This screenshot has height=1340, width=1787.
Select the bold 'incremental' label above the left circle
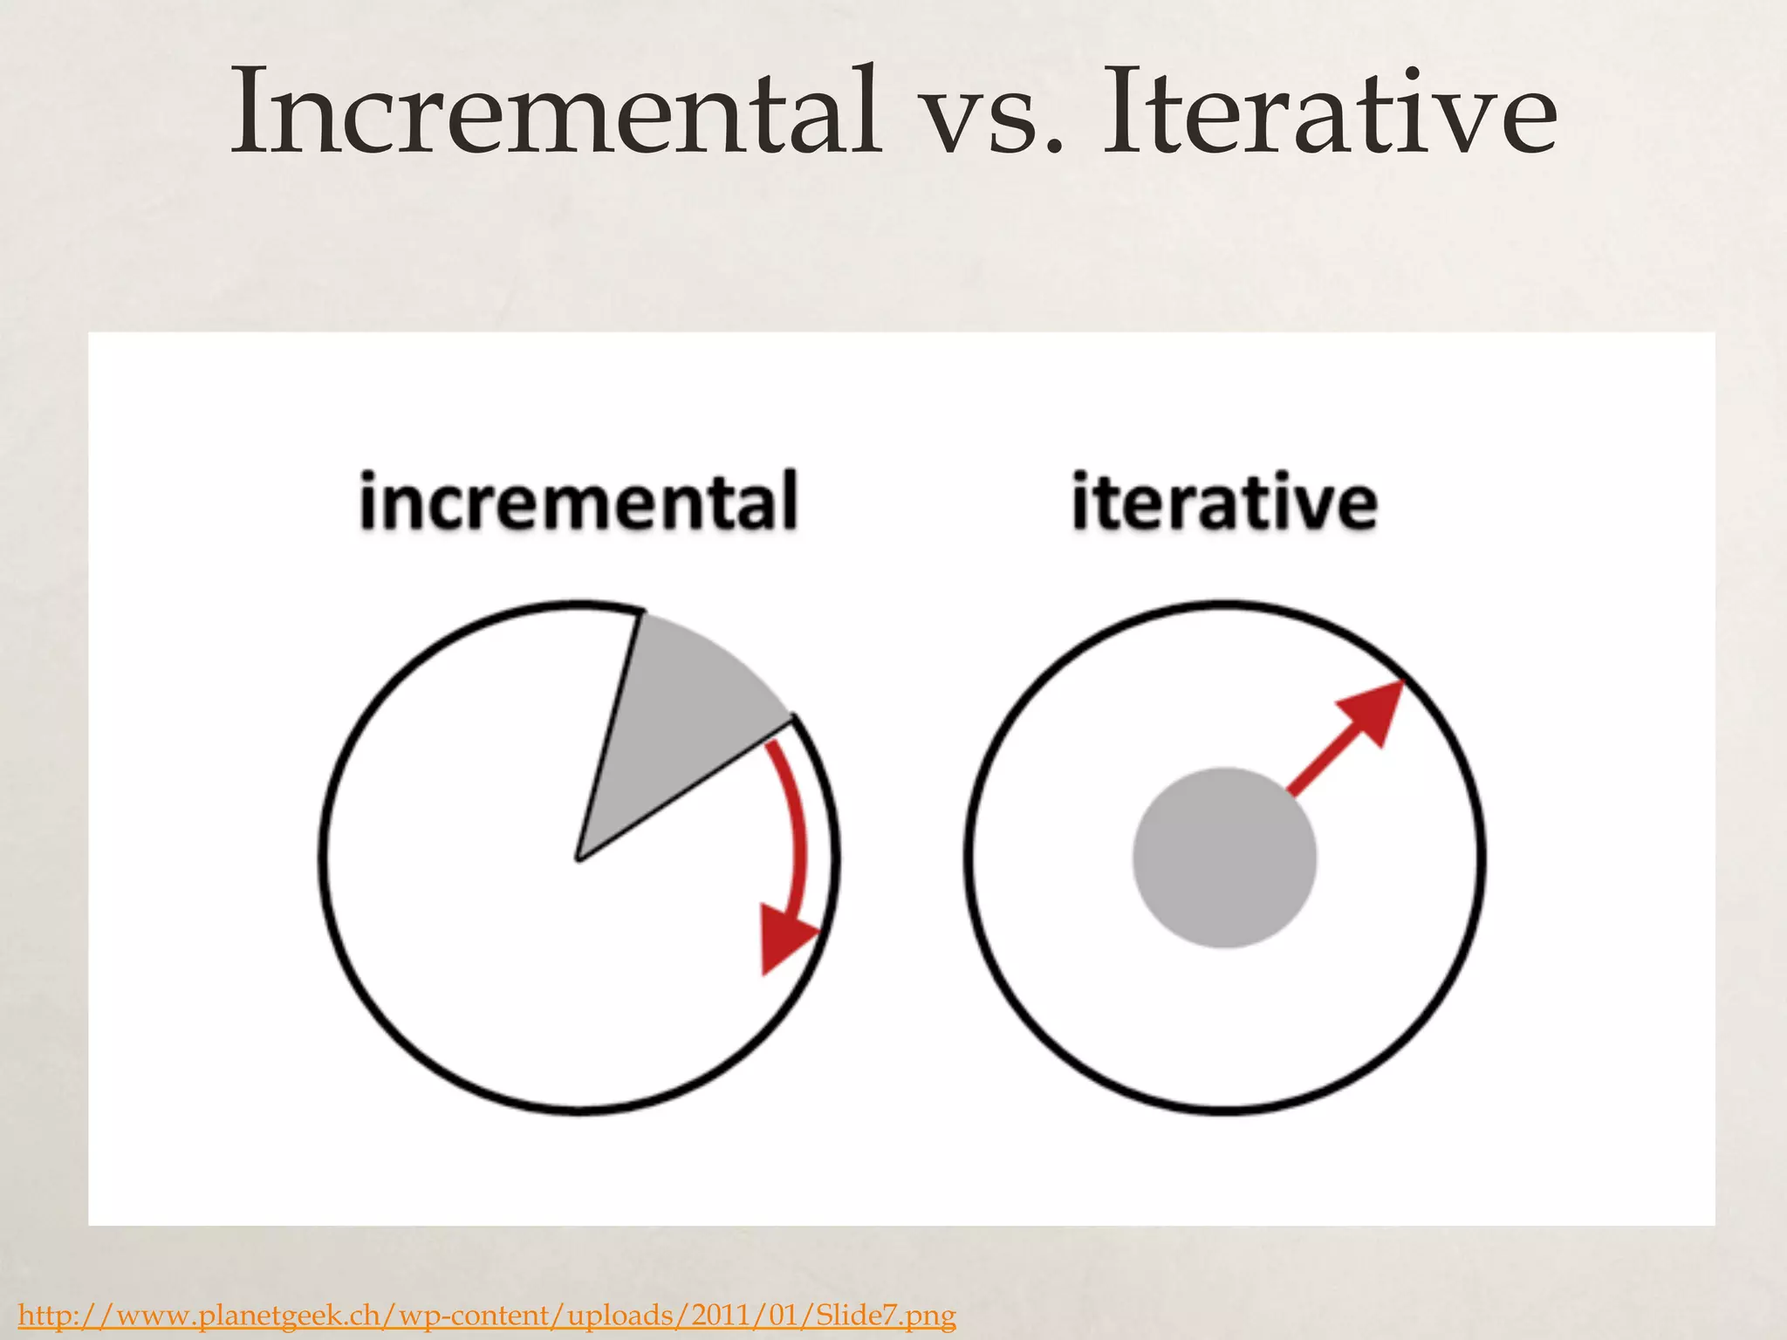pyautogui.click(x=579, y=502)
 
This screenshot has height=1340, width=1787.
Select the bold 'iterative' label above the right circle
pyautogui.click(x=1224, y=502)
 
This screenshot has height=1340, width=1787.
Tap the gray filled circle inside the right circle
pyautogui.click(x=1224, y=858)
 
